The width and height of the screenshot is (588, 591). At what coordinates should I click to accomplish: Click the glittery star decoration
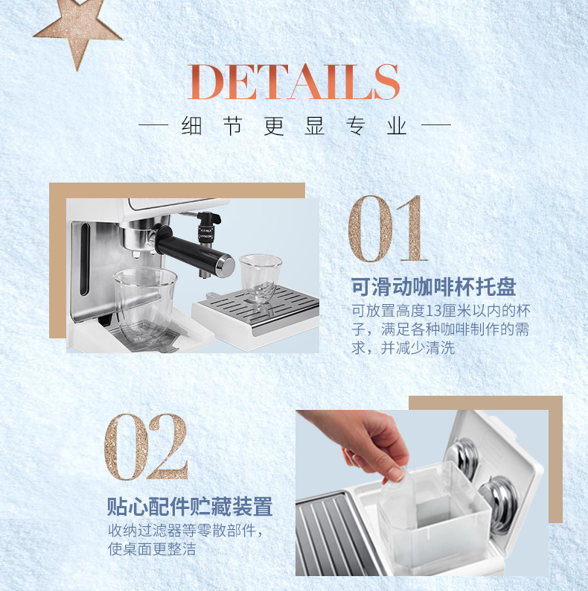[x=79, y=30]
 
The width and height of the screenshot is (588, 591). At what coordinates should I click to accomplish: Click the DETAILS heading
[x=293, y=82]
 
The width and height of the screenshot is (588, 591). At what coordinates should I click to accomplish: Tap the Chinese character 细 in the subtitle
[x=192, y=125]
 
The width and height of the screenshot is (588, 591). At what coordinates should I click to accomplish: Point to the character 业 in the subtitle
[x=397, y=125]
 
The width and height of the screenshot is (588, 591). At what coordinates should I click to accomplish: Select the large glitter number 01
[x=388, y=229]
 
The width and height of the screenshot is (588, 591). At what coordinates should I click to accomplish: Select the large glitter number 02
[x=146, y=447]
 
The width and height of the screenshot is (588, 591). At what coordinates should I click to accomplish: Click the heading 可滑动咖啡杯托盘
[x=433, y=287]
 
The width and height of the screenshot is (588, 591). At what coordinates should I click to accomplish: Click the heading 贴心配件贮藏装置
[x=190, y=506]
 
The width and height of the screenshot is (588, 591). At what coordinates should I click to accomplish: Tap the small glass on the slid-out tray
[x=260, y=278]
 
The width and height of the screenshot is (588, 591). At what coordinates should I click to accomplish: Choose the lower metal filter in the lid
[x=499, y=499]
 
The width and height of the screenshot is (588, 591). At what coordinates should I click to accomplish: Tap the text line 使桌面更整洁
[x=152, y=549]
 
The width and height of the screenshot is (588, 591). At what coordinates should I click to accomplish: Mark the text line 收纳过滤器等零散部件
[x=182, y=531]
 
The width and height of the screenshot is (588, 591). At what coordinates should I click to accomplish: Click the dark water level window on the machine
[x=85, y=259]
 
